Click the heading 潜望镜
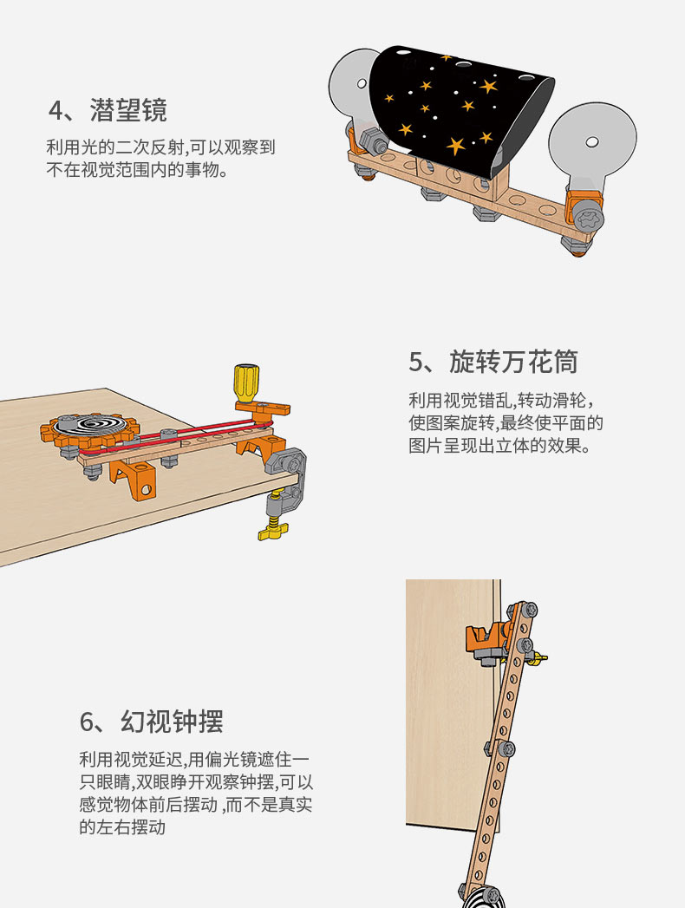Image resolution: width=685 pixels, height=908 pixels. pos(128,110)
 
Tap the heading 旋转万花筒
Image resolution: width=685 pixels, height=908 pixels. pos(513,362)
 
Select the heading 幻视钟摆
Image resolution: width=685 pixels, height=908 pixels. pos(172,722)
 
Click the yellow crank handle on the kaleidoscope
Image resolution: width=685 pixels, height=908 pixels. pos(246,382)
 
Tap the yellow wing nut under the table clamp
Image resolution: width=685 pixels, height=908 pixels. pos(273,530)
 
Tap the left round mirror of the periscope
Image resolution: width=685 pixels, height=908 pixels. pos(350,87)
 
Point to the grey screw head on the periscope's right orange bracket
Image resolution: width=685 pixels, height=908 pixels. pos(589,219)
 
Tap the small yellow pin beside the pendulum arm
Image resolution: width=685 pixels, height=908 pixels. pos(540,658)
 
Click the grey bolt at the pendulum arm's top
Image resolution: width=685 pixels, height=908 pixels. pos(529,610)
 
